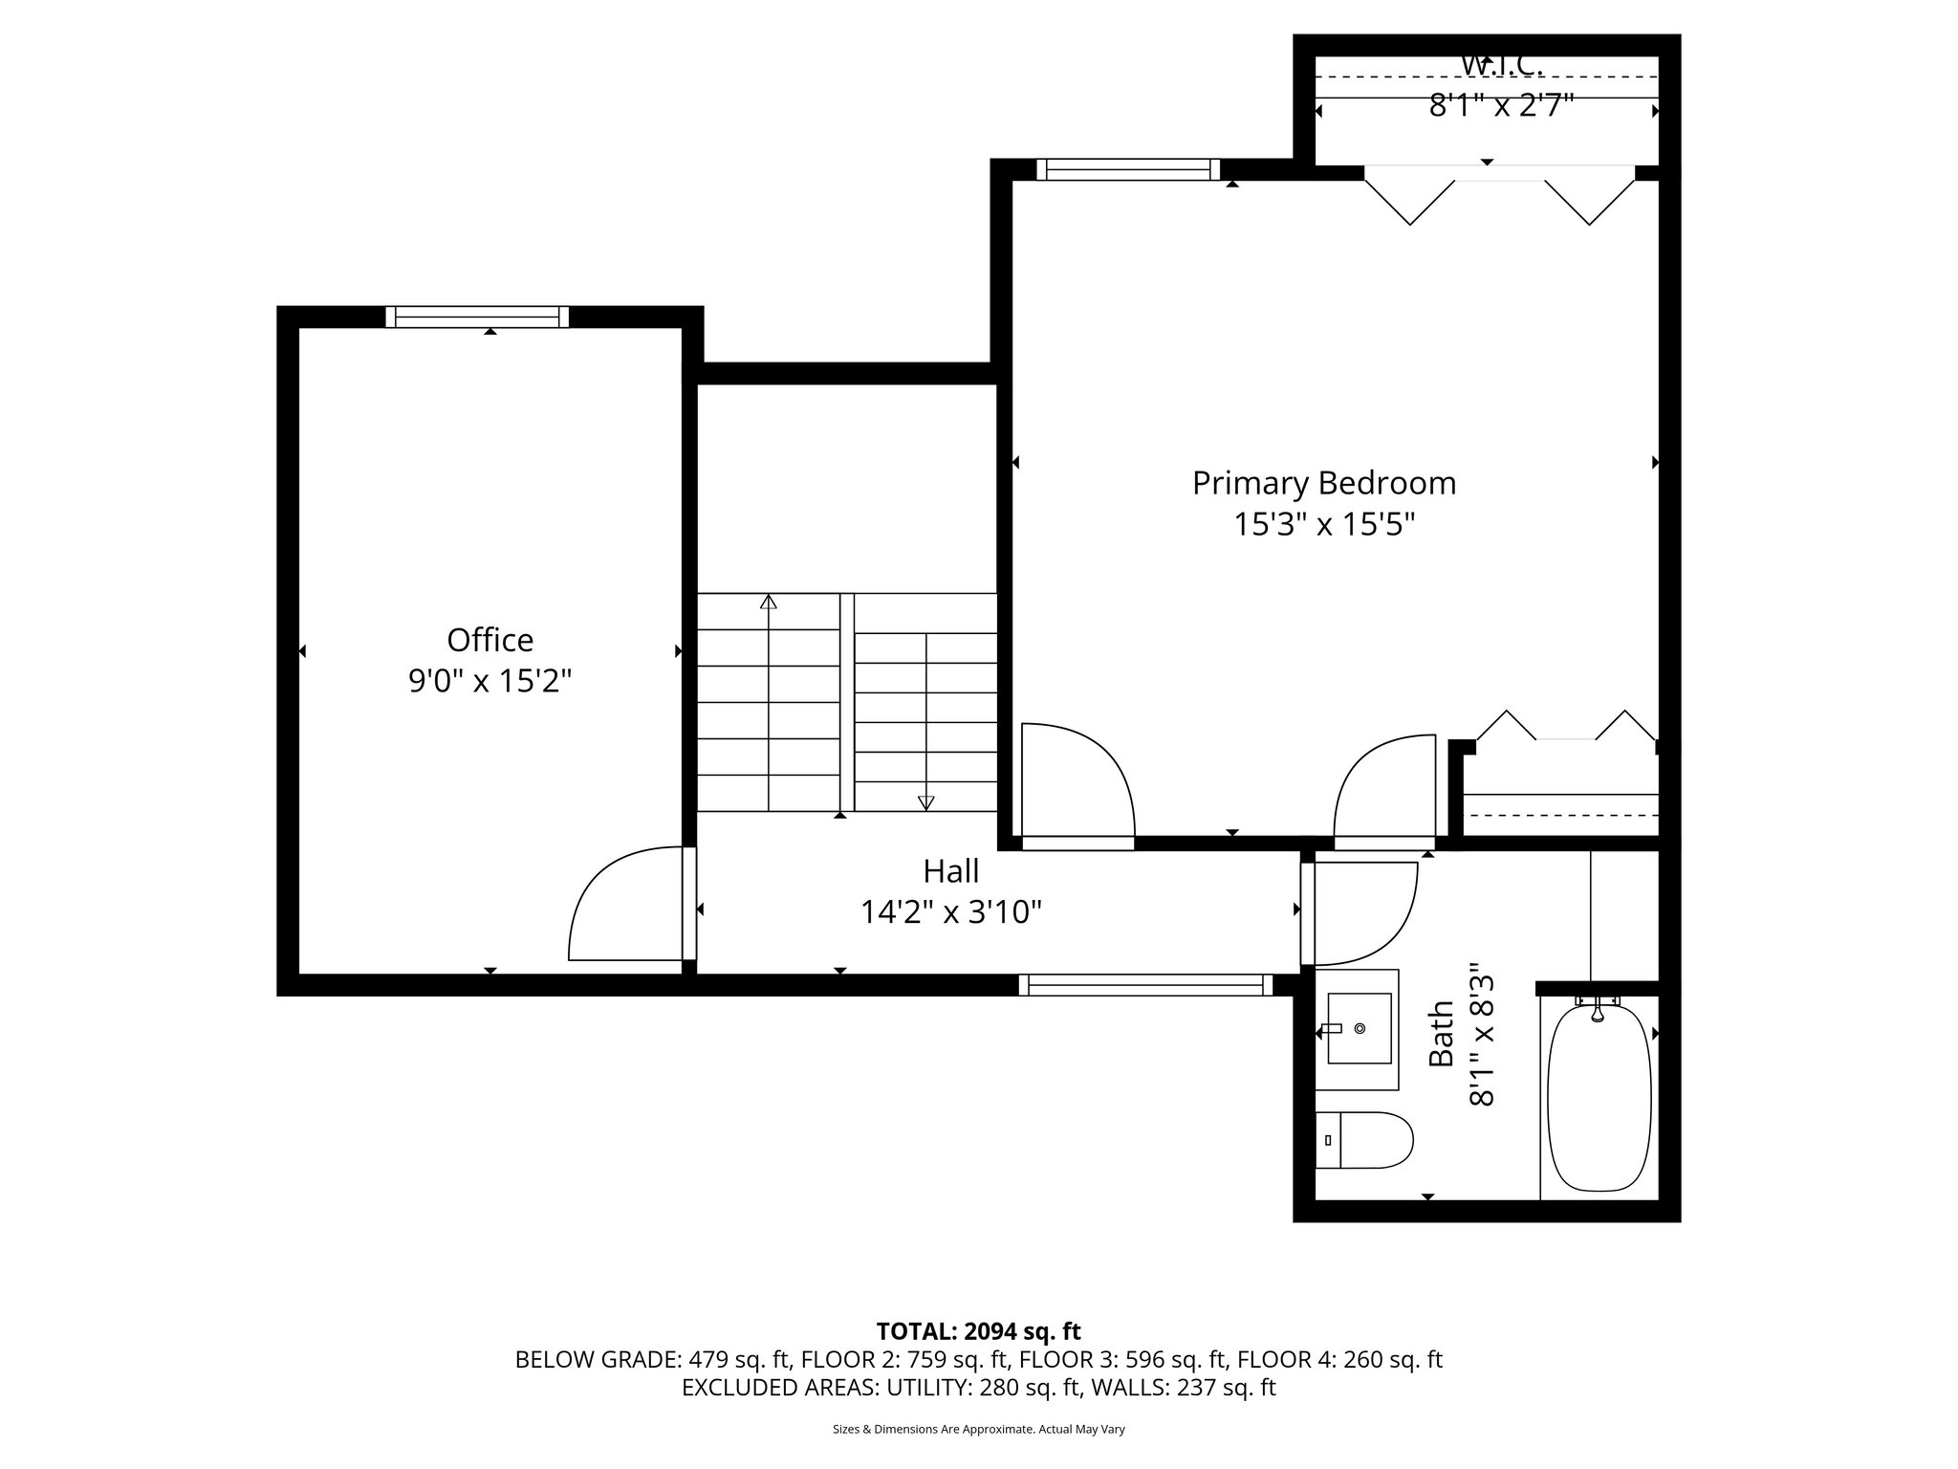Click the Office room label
[489, 640]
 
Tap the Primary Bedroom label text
[1323, 483]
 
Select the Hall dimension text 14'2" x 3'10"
[950, 913]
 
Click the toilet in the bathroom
[1365, 1140]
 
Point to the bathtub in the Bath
[1599, 1097]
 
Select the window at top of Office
[477, 317]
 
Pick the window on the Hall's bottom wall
[1144, 985]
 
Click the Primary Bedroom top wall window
[1128, 170]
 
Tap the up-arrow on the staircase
[768, 603]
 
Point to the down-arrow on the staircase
[925, 801]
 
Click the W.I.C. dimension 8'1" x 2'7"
[1501, 105]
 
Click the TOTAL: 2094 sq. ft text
[978, 1331]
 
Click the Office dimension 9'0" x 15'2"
[489, 681]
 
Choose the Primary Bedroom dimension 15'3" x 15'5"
[1323, 525]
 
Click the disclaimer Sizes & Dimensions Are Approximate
[978, 1430]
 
